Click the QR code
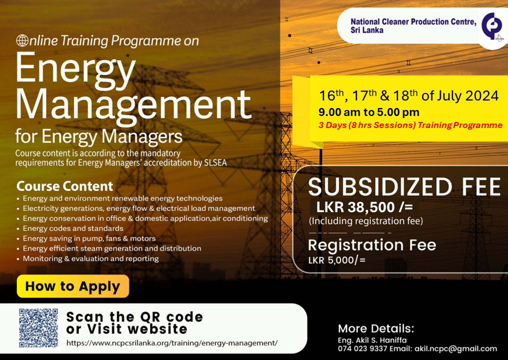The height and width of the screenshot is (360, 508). point(38,328)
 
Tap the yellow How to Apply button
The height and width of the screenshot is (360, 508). point(72,286)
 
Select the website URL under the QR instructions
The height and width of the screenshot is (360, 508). point(172,343)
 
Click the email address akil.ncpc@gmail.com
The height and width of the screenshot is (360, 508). point(455,348)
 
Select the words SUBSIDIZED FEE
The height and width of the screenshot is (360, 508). point(404,187)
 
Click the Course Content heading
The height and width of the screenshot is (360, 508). point(65,186)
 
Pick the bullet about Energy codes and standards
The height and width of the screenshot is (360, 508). point(73,228)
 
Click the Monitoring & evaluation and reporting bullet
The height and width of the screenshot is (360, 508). point(90,258)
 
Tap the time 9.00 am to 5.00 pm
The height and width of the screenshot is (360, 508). point(369,112)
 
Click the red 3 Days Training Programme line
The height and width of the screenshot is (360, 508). point(410,125)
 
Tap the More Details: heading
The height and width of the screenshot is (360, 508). point(376,328)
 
